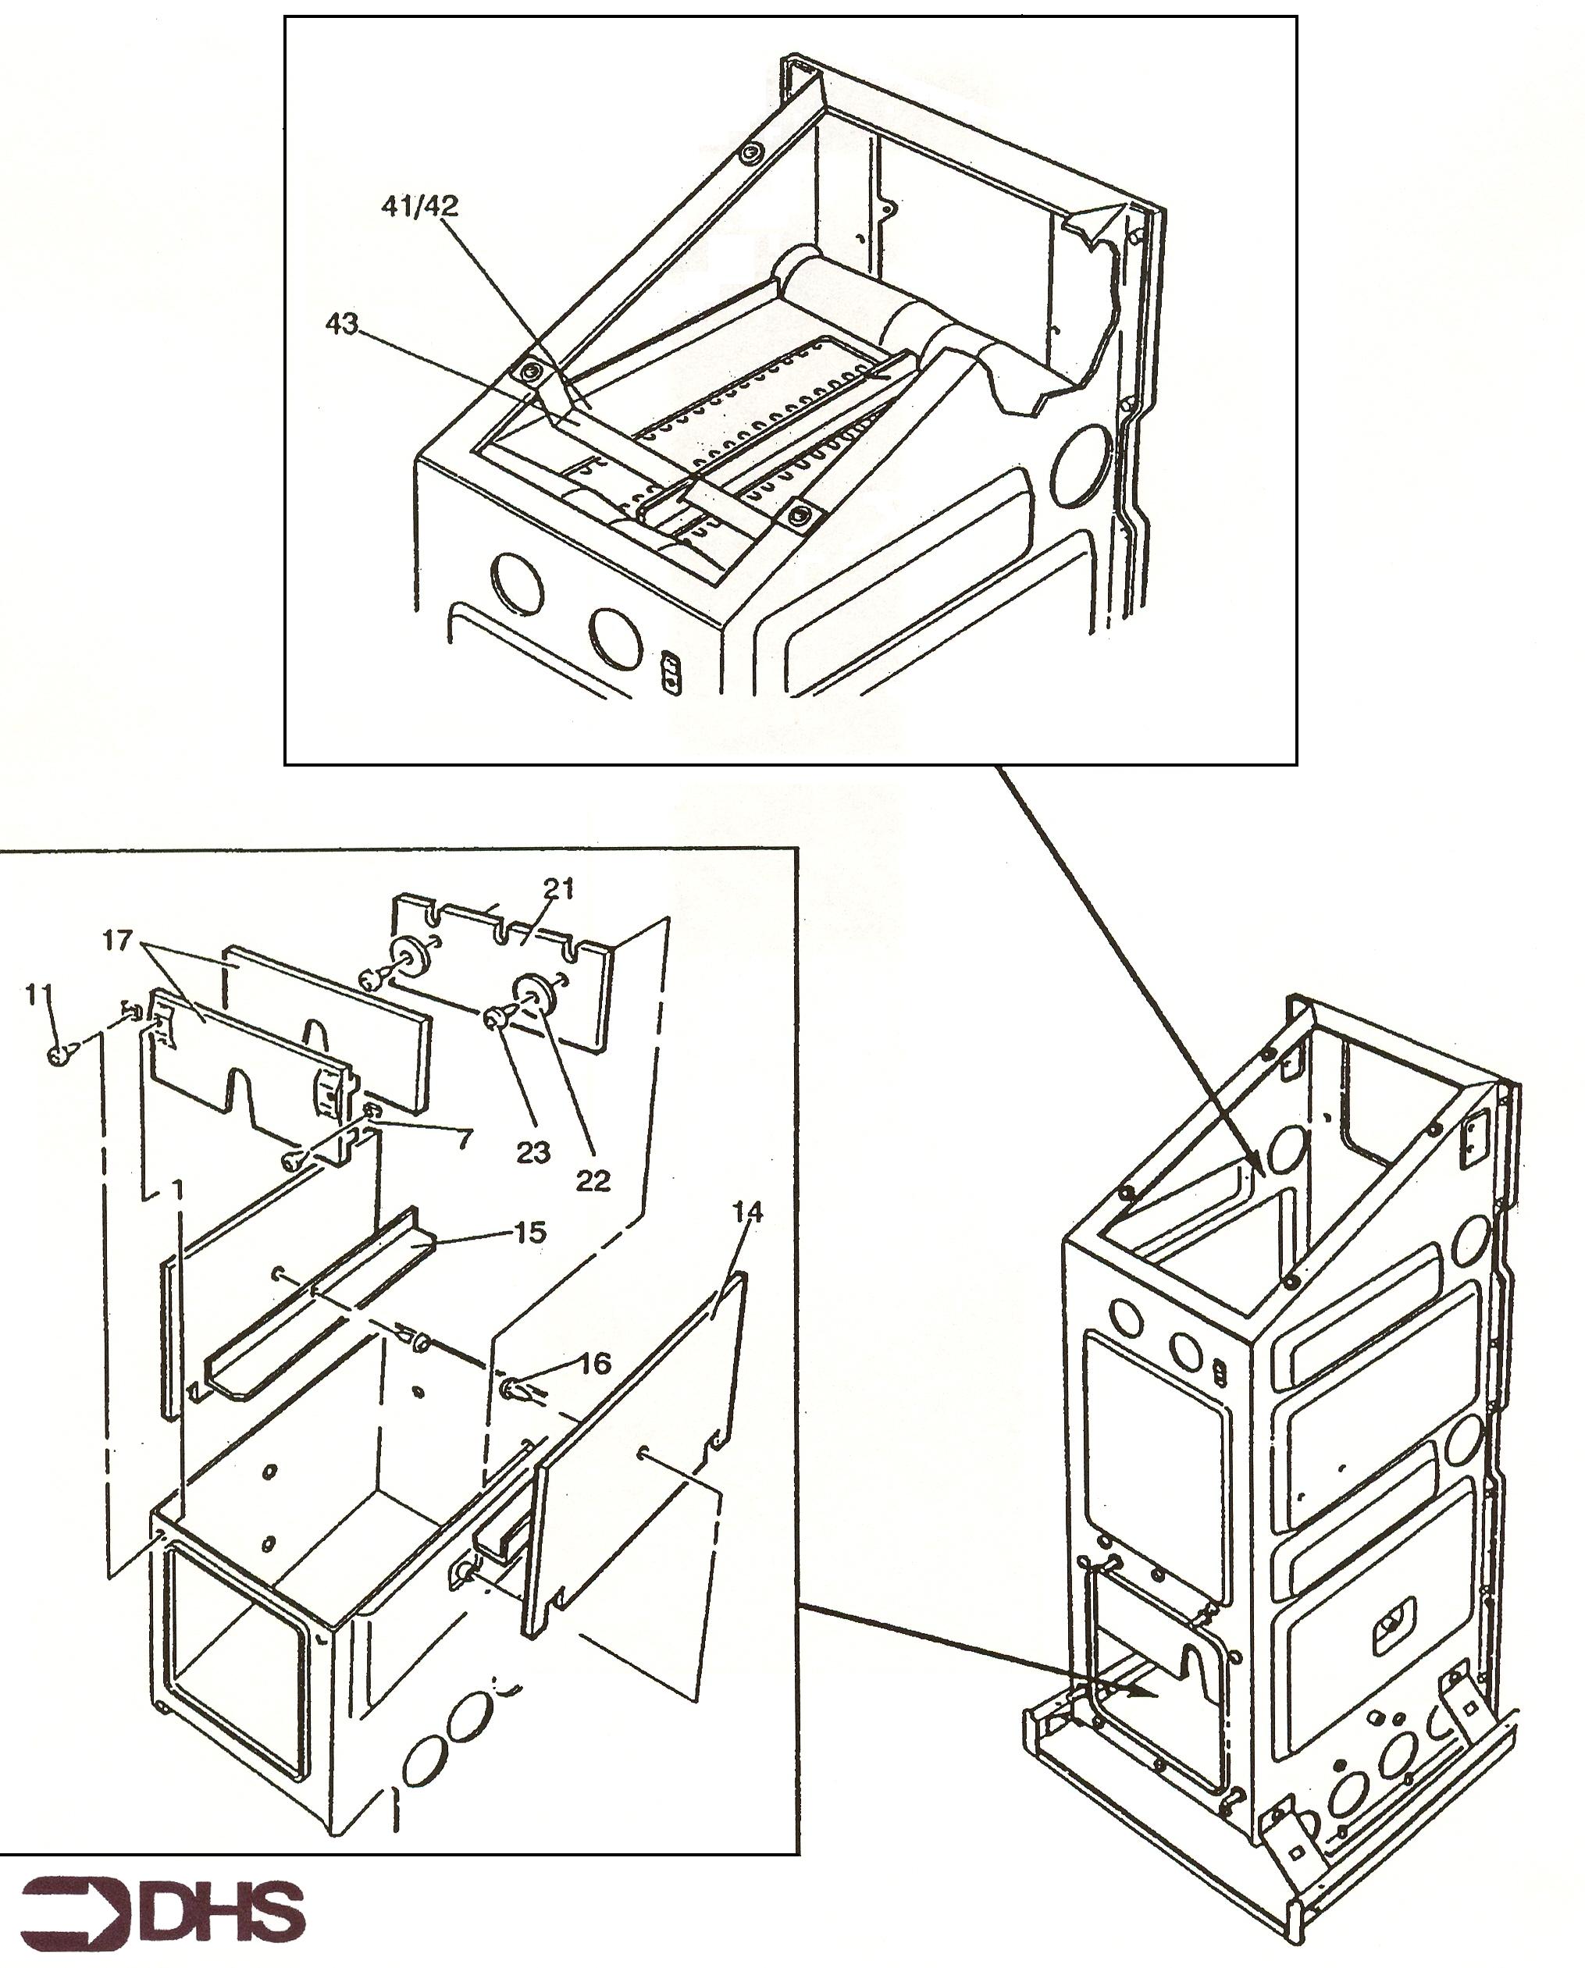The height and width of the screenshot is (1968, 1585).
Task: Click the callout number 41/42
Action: (419, 206)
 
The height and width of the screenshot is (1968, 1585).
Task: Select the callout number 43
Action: (343, 323)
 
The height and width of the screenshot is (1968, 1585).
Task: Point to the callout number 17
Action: (118, 939)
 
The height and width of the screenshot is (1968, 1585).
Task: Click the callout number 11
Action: (39, 994)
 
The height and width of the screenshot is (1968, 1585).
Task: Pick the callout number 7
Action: (465, 1138)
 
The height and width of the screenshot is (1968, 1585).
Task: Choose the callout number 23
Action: (533, 1153)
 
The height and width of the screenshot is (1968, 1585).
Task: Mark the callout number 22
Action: (593, 1180)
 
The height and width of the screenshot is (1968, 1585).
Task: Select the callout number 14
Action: (747, 1212)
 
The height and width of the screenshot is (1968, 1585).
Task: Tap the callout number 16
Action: (594, 1364)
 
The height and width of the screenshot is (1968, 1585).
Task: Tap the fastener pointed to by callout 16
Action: (517, 1390)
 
